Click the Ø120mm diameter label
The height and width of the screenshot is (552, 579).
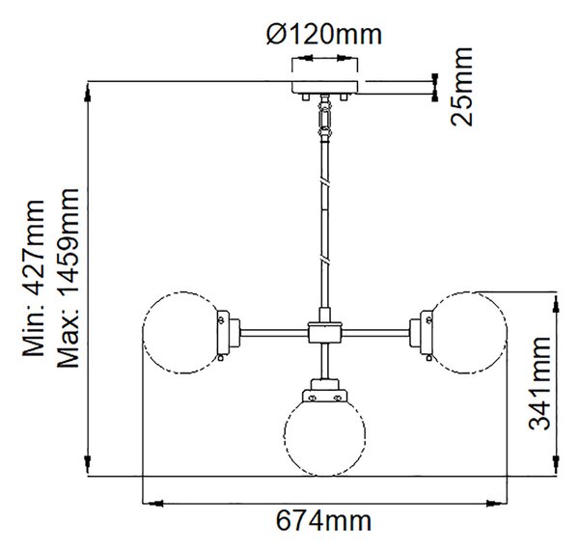pos(324,35)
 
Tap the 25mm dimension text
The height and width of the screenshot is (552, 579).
pos(461,87)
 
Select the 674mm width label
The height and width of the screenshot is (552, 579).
pos(323,520)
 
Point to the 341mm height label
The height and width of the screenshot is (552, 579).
pos(539,383)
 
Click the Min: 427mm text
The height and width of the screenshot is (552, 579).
pos(34,278)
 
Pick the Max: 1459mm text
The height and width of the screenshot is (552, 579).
pos(68,278)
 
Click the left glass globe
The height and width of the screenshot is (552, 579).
pos(180,332)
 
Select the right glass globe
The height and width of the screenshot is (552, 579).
pos(468,332)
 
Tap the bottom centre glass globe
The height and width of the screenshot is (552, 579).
pos(324,436)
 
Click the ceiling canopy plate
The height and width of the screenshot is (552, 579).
pos(324,87)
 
